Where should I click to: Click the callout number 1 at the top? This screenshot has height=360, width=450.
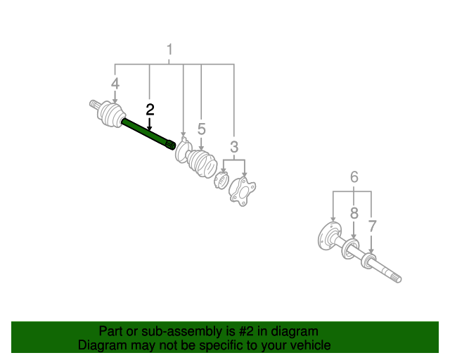[x=169, y=49]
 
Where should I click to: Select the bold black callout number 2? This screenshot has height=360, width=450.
[x=150, y=110]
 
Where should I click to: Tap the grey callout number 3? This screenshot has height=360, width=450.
[x=234, y=147]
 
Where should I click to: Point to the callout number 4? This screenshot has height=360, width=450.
[x=115, y=84]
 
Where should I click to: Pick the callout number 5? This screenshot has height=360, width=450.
[x=202, y=129]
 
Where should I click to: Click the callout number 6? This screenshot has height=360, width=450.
[x=354, y=177]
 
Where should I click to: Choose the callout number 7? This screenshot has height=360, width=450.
[x=372, y=226]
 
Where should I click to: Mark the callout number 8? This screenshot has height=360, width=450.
[x=354, y=213]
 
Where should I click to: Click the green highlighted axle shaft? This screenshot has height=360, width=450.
[x=148, y=134]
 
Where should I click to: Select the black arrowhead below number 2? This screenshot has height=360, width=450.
[x=149, y=128]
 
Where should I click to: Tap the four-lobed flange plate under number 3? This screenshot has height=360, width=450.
[x=242, y=191]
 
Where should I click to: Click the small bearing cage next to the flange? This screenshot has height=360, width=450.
[x=221, y=180]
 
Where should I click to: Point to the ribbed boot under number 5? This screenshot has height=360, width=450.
[x=201, y=163]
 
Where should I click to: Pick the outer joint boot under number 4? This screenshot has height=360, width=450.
[x=111, y=114]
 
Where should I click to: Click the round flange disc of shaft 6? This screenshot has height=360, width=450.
[x=328, y=237]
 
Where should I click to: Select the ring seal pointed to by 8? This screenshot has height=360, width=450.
[x=351, y=248]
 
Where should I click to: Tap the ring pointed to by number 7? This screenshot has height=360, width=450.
[x=368, y=261]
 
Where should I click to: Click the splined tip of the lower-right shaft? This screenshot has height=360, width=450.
[x=395, y=278]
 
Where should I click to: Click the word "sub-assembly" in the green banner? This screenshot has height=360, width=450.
[x=181, y=331]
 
